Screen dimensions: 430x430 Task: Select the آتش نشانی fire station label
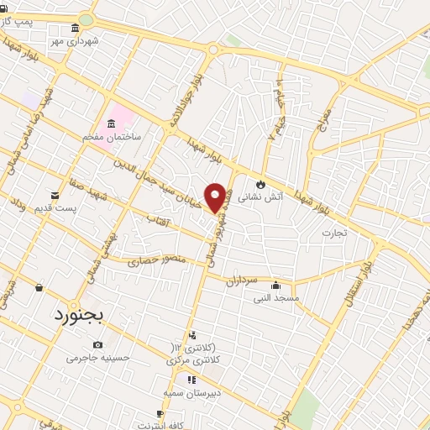tap(260, 198)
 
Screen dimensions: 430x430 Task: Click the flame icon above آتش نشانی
tap(261, 184)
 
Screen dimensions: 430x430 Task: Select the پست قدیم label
tap(55, 207)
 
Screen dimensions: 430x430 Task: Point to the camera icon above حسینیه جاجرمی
tap(98, 345)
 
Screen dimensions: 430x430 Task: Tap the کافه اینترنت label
tap(160, 426)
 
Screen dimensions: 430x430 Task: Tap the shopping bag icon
tap(39, 287)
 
